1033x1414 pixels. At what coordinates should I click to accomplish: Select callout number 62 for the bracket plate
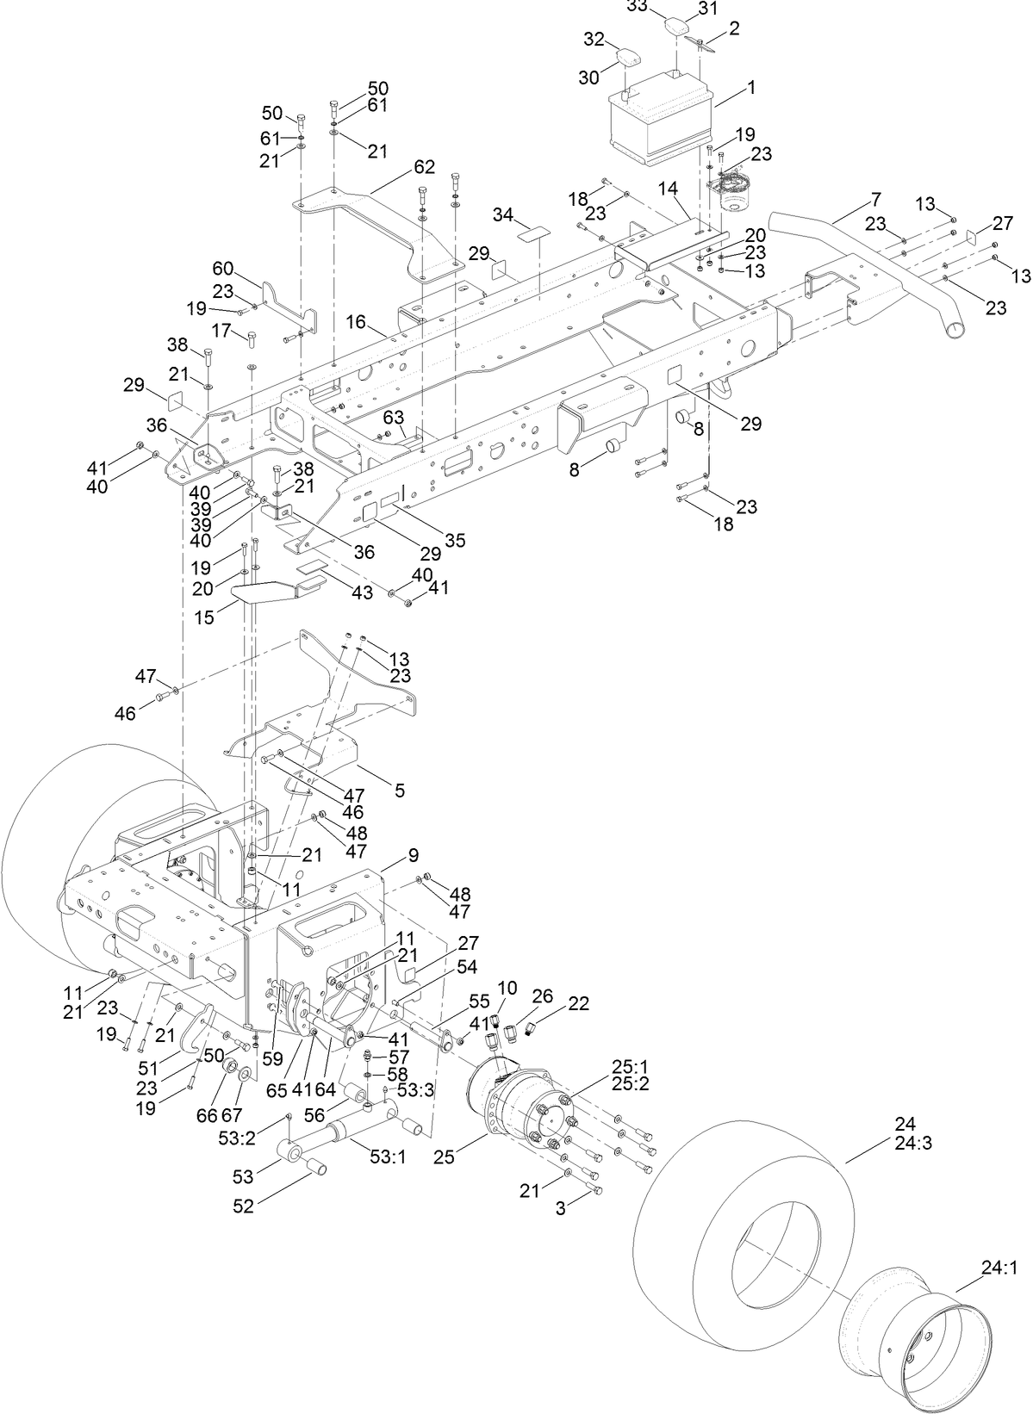pos(424,167)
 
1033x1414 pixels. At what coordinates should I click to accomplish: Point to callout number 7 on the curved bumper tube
pos(875,200)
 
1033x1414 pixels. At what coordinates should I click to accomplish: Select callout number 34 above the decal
pos(503,213)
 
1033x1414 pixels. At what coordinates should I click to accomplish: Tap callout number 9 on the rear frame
pos(414,855)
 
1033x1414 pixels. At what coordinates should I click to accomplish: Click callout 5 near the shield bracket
pos(399,790)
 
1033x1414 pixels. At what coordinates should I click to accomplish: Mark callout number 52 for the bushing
pos(244,1206)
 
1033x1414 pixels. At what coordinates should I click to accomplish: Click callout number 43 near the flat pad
pos(363,593)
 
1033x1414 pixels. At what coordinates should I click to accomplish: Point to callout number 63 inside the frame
pos(394,417)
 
